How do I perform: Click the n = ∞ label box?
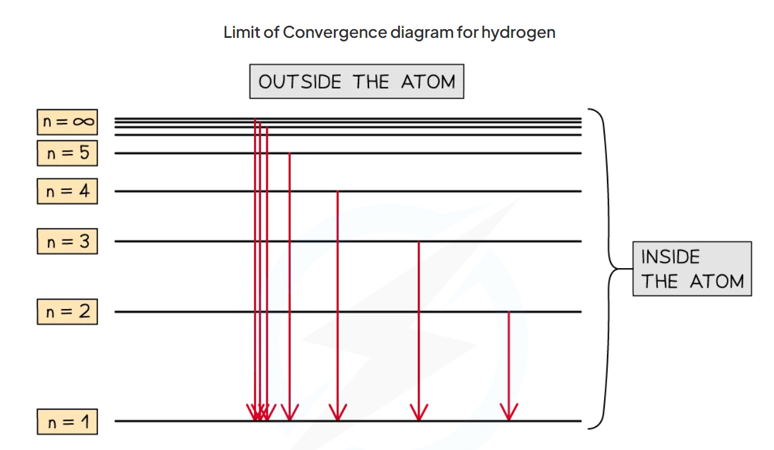click(x=67, y=122)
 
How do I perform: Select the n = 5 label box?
click(x=67, y=153)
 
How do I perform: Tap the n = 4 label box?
click(x=67, y=191)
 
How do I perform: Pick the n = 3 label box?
click(x=67, y=241)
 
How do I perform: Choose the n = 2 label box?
click(x=67, y=312)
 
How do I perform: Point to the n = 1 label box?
click(x=67, y=421)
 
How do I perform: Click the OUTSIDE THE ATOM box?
click(x=357, y=82)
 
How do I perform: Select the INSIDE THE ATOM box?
click(x=692, y=269)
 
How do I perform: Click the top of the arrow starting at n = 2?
click(x=509, y=314)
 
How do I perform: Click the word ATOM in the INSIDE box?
click(x=717, y=282)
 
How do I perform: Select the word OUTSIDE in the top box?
click(x=299, y=82)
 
